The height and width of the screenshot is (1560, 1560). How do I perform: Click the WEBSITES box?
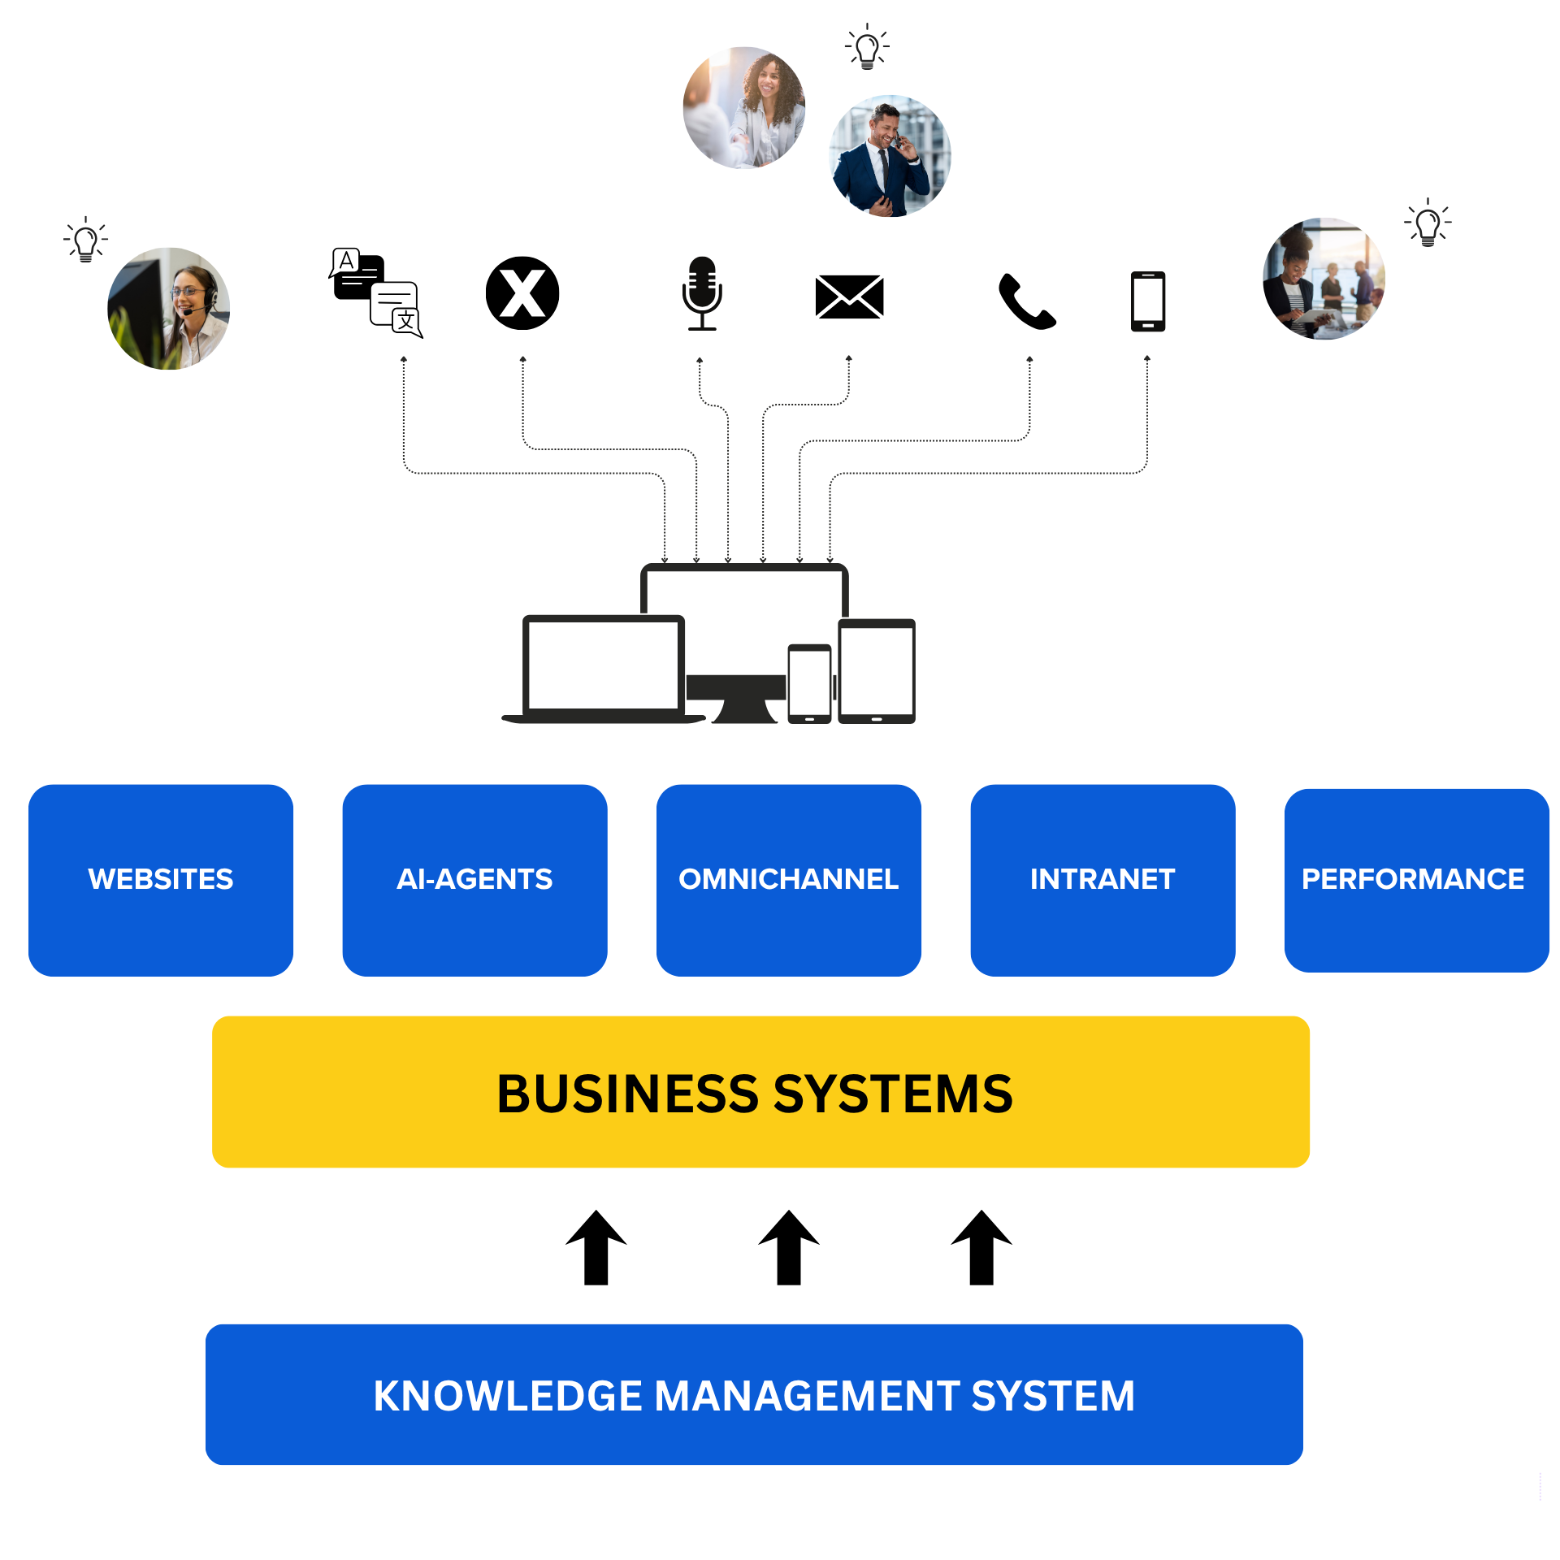(x=161, y=880)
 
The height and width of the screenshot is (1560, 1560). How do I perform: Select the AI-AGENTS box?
(x=474, y=880)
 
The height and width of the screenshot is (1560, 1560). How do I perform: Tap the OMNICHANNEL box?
(x=788, y=880)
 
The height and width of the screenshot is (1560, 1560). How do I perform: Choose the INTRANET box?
(x=1103, y=880)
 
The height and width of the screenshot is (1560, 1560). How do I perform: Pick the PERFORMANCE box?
(x=1416, y=880)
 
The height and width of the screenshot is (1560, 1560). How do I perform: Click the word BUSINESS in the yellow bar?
(x=629, y=1094)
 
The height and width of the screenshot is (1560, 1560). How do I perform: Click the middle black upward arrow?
(x=789, y=1248)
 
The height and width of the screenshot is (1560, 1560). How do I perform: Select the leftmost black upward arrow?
(x=596, y=1248)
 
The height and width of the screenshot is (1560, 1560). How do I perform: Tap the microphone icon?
(x=702, y=293)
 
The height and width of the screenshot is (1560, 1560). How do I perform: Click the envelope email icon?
(x=849, y=297)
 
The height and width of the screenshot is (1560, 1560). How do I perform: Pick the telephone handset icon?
(x=1027, y=301)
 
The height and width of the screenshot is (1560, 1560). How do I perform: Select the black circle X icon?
(x=522, y=293)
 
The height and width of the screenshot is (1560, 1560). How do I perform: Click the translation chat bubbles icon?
(x=376, y=292)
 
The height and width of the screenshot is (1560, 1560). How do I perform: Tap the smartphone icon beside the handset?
(x=1148, y=301)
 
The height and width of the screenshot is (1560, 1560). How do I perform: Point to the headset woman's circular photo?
(x=169, y=309)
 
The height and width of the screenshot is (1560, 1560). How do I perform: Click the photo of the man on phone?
(x=890, y=156)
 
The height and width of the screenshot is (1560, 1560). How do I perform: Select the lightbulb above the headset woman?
(x=85, y=240)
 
